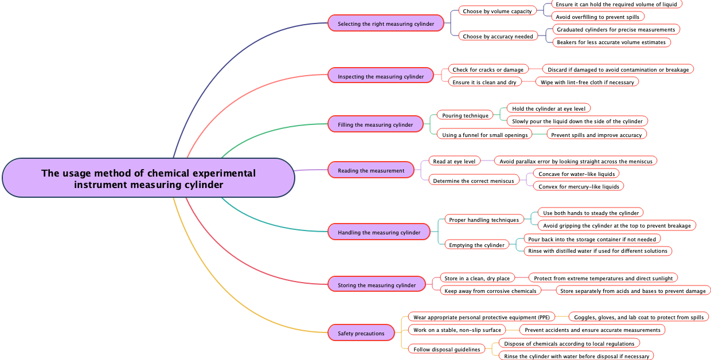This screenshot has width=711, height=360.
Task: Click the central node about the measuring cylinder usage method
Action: [x=149, y=178]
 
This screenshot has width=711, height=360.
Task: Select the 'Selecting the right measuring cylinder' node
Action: [x=385, y=24]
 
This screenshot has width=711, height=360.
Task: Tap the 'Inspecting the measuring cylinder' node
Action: [x=380, y=76]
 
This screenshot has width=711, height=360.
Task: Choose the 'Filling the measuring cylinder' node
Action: [x=375, y=124]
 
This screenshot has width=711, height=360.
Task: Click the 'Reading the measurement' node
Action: [x=370, y=170]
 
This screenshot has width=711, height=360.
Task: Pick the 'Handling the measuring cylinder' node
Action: [x=378, y=232]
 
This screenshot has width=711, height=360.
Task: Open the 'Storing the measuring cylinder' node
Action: [x=376, y=285]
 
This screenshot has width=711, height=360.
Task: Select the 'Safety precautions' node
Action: [x=361, y=333]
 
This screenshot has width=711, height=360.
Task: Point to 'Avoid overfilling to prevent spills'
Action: [x=597, y=17]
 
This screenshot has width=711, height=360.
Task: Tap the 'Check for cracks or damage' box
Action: [x=488, y=69]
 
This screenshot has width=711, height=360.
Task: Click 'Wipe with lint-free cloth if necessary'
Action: [x=587, y=82]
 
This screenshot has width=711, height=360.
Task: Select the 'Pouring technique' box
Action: [x=465, y=115]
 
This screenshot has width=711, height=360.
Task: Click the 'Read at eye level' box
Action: [x=454, y=161]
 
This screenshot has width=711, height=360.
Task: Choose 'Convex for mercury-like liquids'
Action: [x=579, y=186]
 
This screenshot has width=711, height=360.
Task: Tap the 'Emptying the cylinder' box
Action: [x=476, y=245]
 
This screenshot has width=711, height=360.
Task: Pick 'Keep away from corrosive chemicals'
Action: [x=490, y=291]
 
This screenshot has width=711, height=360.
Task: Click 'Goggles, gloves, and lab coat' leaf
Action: [x=639, y=317]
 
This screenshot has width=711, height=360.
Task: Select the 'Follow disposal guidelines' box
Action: [x=447, y=349]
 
